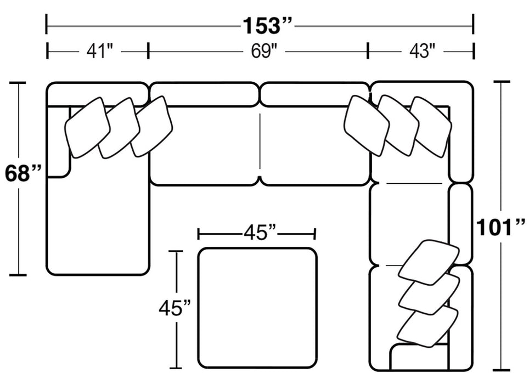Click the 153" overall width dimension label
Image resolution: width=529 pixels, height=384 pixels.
(267, 26)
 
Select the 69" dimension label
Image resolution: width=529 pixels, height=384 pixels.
(263, 52)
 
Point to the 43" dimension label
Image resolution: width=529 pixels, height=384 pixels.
(422, 52)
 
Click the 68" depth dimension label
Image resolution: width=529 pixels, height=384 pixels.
(22, 173)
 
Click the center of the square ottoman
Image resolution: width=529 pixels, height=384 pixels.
(257, 308)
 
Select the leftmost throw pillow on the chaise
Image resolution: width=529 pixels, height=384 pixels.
(87, 127)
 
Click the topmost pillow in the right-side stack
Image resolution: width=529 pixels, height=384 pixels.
(429, 260)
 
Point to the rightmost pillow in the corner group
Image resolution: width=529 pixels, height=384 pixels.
(431, 127)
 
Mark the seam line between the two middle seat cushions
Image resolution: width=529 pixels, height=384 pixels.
(260, 141)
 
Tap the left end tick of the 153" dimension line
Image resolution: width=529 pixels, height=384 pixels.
(46, 24)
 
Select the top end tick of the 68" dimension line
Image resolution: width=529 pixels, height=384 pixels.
(18, 82)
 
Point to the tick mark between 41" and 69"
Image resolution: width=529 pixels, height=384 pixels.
(148, 51)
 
